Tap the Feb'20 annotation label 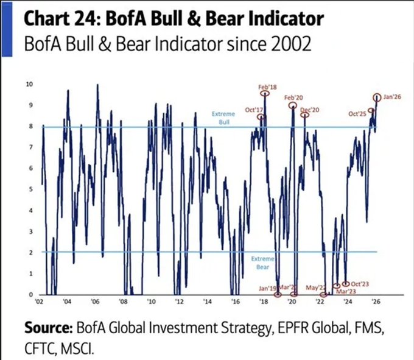293,97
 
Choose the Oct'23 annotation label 360,284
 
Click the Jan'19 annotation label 268,288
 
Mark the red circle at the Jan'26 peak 377,97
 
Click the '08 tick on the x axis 123,302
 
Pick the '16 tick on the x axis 236,302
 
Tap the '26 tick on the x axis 377,302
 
